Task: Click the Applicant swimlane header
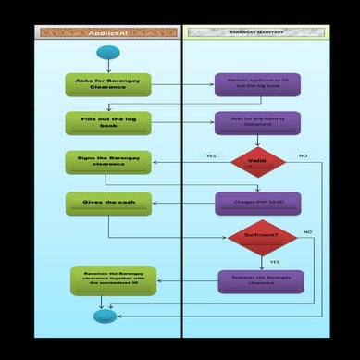tap(107, 32)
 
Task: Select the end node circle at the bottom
tap(106, 317)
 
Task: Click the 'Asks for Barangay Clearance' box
tap(108, 85)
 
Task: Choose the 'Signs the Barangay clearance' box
tap(108, 163)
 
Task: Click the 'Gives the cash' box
tap(108, 204)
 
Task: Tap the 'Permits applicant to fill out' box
tap(257, 85)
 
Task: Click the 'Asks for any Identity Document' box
tap(257, 123)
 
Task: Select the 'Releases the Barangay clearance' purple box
tap(260, 281)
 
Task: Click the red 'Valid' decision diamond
tap(258, 163)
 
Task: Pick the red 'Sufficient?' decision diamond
tap(262, 238)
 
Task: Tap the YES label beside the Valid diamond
tap(211, 156)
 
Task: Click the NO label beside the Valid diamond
tap(303, 156)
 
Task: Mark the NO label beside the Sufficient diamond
tap(307, 231)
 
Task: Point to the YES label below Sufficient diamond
tap(274, 263)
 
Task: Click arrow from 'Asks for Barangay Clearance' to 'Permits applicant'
tap(182, 85)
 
